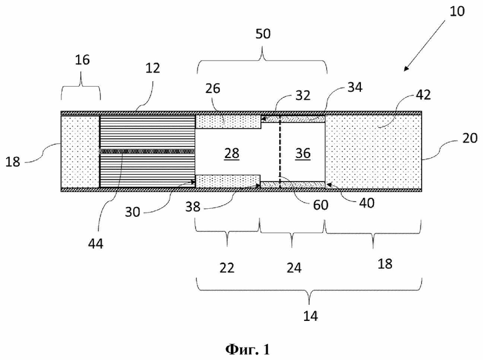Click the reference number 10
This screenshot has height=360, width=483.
(457, 11)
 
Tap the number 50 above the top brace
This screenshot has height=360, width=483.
(263, 33)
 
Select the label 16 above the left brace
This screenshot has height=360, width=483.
(82, 59)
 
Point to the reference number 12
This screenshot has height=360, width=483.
(152, 68)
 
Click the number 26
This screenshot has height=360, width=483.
(212, 89)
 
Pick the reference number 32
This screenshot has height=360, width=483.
(302, 95)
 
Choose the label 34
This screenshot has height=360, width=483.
(355, 87)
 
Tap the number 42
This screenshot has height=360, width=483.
(423, 95)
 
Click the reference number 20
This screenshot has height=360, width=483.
(470, 138)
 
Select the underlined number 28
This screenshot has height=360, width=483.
(232, 153)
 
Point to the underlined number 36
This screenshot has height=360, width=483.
(303, 153)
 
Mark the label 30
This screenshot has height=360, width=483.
(133, 212)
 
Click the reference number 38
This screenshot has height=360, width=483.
(193, 207)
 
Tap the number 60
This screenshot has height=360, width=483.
(321, 205)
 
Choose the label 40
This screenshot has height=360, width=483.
(367, 203)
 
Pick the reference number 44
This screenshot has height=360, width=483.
(95, 244)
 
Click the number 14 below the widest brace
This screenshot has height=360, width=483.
(310, 316)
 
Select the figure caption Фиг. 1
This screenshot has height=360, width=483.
(247, 349)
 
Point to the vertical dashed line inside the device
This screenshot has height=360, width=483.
(280, 152)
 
